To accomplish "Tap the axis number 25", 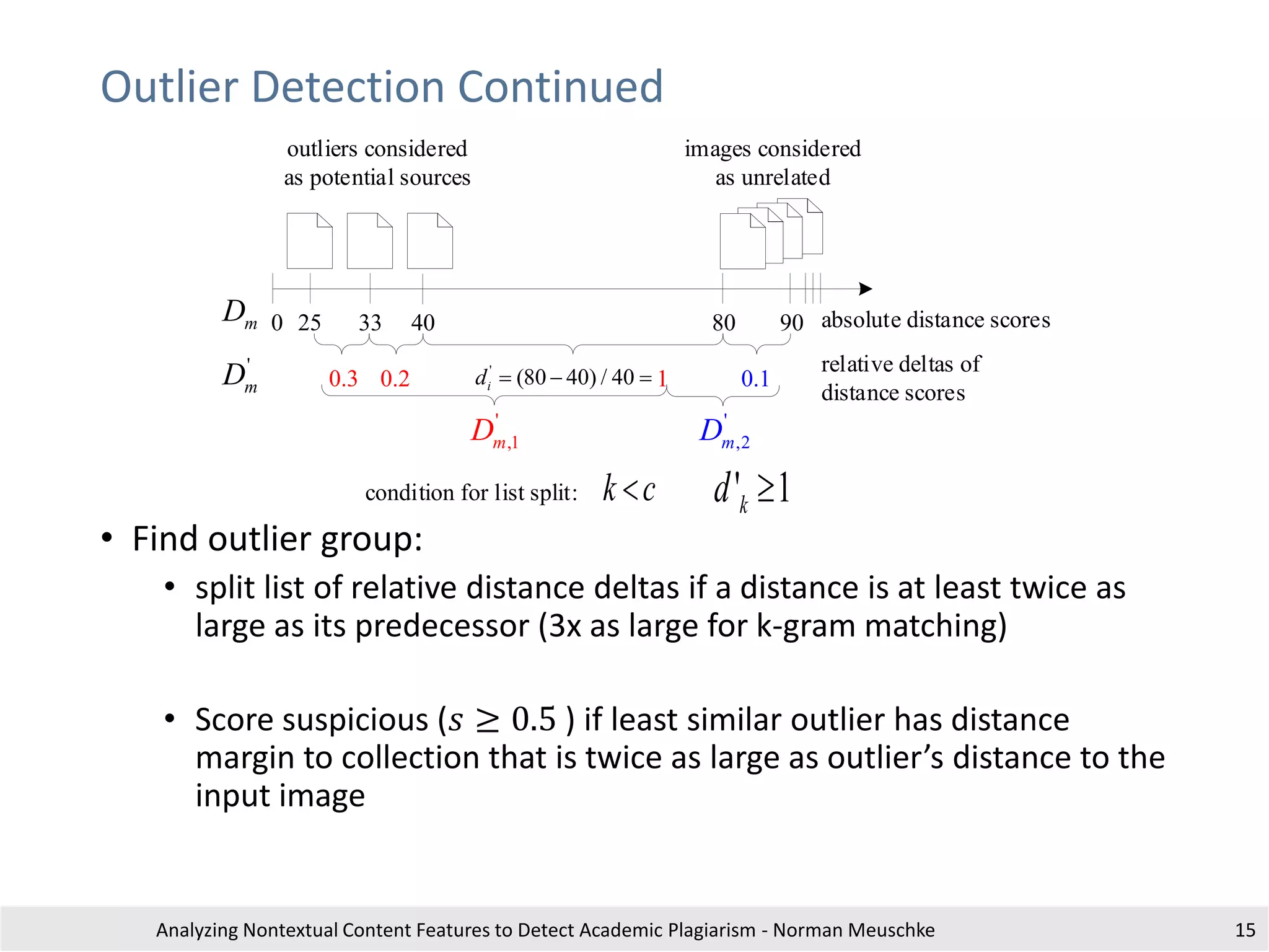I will pyautogui.click(x=309, y=323).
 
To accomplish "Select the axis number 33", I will pyautogui.click(x=370, y=323).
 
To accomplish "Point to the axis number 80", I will pyautogui.click(x=724, y=323).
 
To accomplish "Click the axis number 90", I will pyautogui.click(x=791, y=323).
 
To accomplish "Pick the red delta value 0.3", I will pyautogui.click(x=343, y=379).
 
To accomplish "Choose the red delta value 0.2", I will pyautogui.click(x=395, y=379).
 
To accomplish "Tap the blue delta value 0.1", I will pyautogui.click(x=755, y=379).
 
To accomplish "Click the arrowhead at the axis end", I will pyautogui.click(x=866, y=289).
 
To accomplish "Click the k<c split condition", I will pyautogui.click(x=629, y=490).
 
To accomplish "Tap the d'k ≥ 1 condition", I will pyautogui.click(x=751, y=491).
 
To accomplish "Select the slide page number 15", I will pyautogui.click(x=1245, y=930).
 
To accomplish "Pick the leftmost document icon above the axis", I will pyautogui.click(x=309, y=241).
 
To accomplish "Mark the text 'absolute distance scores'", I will pyautogui.click(x=935, y=320).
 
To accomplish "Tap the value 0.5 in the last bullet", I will pyautogui.click(x=534, y=720).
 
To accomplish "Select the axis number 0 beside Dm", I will pyautogui.click(x=277, y=323).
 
